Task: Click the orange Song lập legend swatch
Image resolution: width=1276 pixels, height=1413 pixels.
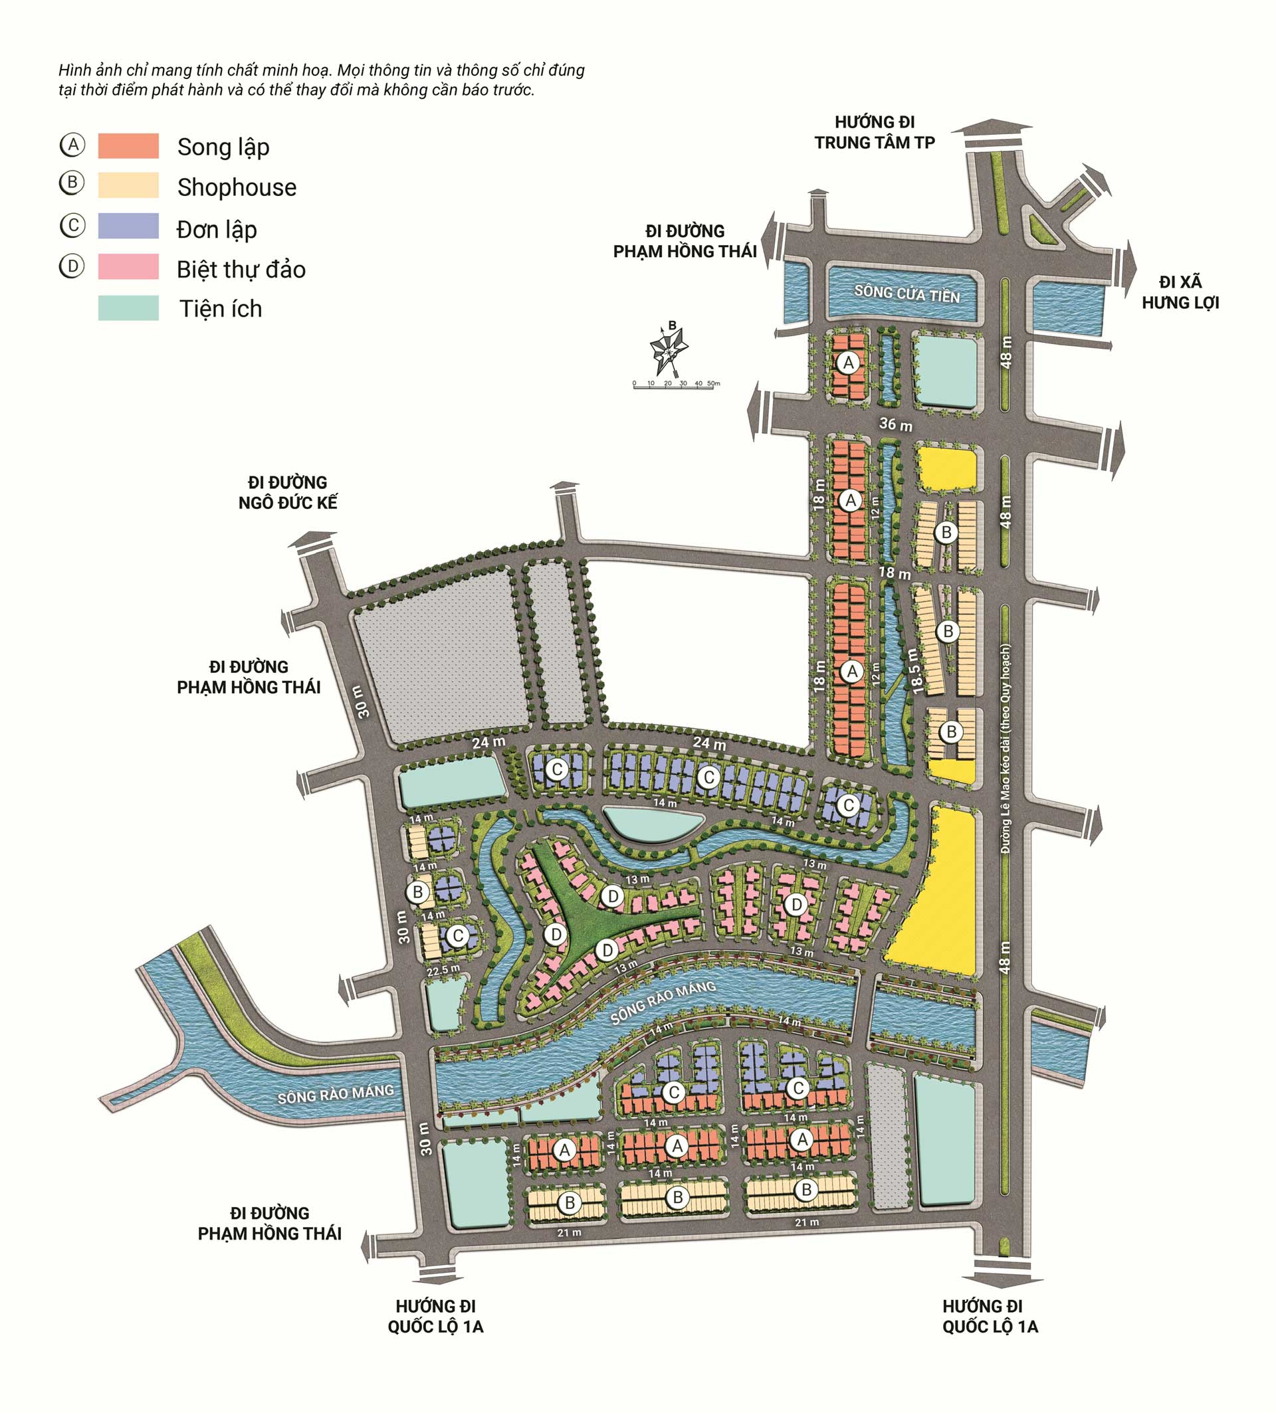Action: click(128, 145)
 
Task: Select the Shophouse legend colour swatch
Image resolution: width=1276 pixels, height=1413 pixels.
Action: click(128, 186)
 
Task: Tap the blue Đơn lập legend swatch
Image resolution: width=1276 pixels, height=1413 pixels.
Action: click(128, 227)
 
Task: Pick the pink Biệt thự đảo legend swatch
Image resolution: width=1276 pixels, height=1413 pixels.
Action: click(128, 267)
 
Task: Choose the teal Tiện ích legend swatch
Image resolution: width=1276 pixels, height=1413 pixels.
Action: click(128, 308)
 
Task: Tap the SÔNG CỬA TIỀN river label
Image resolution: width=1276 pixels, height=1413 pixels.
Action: click(906, 294)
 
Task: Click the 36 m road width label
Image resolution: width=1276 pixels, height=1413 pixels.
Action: click(895, 424)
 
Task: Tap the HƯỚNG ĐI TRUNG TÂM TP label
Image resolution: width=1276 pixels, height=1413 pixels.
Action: click(875, 132)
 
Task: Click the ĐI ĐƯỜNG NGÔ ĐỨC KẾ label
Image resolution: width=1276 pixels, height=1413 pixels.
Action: click(288, 493)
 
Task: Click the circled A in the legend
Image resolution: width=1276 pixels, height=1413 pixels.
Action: click(72, 145)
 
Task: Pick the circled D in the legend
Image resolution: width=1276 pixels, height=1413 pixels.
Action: click(72, 266)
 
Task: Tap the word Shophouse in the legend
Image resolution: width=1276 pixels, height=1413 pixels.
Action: click(237, 187)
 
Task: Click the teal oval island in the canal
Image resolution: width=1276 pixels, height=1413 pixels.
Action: click(652, 823)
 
